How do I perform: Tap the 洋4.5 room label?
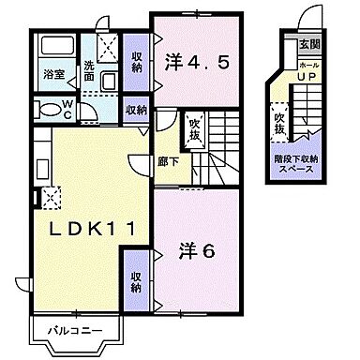point(197,65)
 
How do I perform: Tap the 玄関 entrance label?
point(307,43)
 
